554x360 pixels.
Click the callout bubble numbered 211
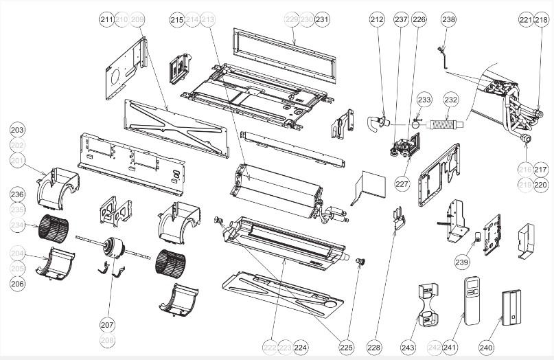click(106, 21)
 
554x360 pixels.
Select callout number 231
click(323, 21)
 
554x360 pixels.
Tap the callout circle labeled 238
click(448, 21)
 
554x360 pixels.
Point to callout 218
click(542, 21)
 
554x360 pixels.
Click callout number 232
click(450, 100)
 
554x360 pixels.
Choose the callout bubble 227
click(402, 183)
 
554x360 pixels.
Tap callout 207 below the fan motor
click(107, 324)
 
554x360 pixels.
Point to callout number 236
click(17, 194)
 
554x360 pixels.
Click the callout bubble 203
click(17, 130)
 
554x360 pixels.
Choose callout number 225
click(347, 348)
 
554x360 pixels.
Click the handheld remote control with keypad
click(471, 298)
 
